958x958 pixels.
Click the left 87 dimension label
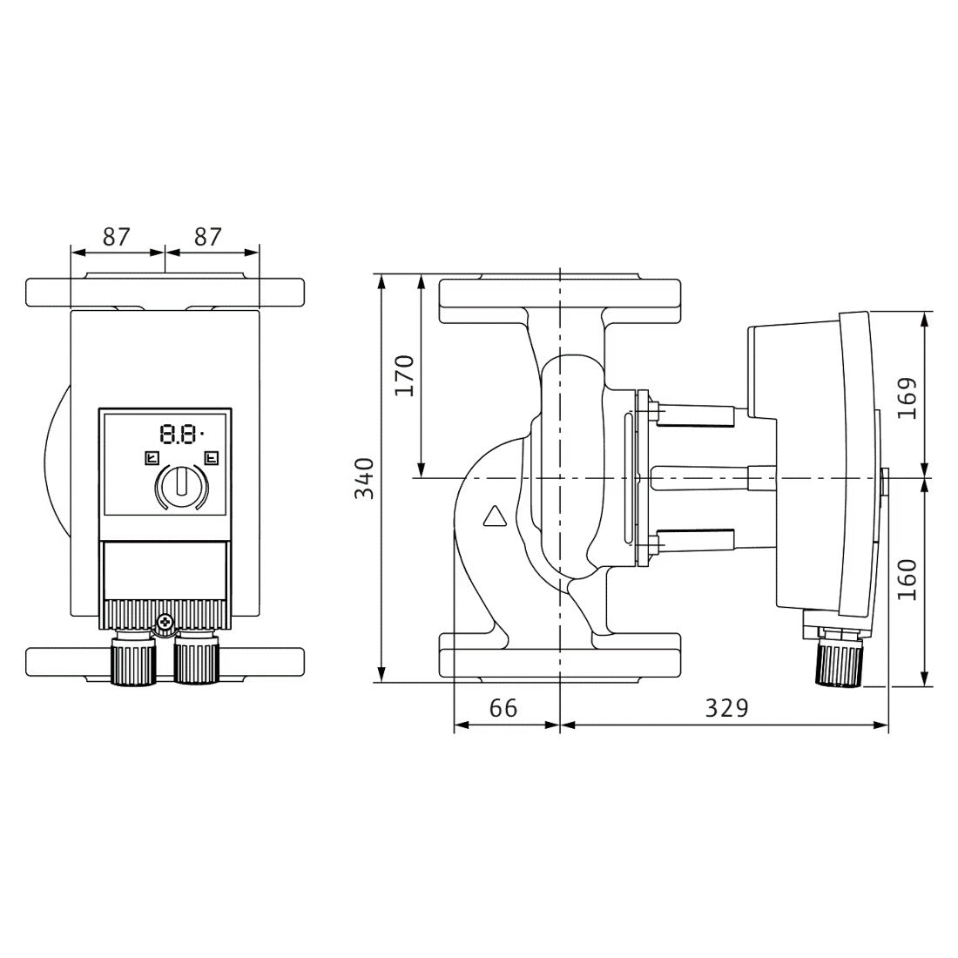tap(116, 237)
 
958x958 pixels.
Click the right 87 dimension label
tap(207, 237)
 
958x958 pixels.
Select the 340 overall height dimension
tap(365, 478)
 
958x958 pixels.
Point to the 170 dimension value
tap(404, 375)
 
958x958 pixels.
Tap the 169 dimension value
tap(908, 398)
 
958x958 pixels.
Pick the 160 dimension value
tap(908, 579)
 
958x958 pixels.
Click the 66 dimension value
tap(503, 708)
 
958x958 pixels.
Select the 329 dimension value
tap(726, 708)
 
